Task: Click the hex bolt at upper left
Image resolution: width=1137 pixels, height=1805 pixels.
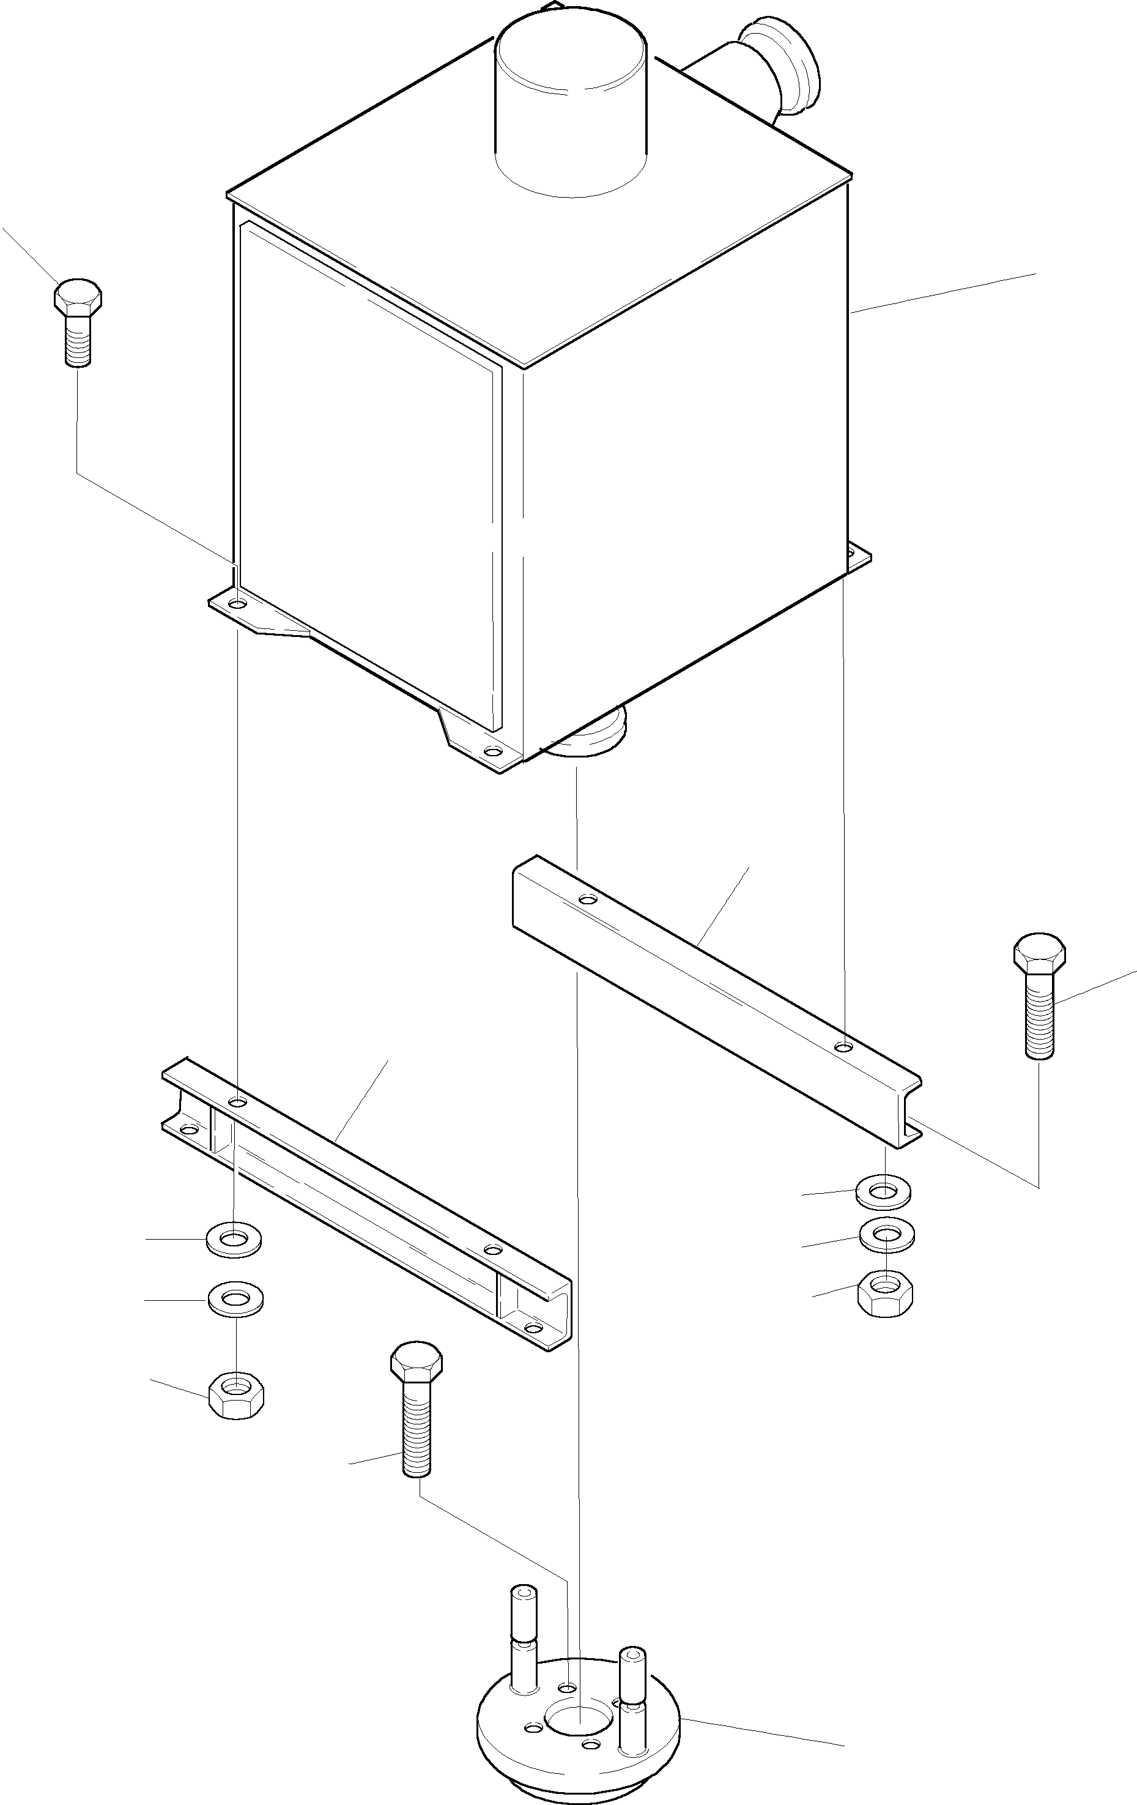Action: click(x=77, y=322)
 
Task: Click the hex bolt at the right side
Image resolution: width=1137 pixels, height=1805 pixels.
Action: click(x=1039, y=994)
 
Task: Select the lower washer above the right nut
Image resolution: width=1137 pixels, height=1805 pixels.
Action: click(x=887, y=1235)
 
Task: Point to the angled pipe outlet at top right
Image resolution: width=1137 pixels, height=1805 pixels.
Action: click(x=779, y=71)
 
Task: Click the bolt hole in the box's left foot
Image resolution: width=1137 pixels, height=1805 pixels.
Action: click(x=237, y=603)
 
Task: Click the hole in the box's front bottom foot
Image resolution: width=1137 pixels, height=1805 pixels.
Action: click(x=491, y=751)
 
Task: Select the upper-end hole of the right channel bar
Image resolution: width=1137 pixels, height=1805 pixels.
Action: click(x=589, y=898)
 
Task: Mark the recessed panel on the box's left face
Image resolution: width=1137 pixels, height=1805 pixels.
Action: click(x=367, y=480)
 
